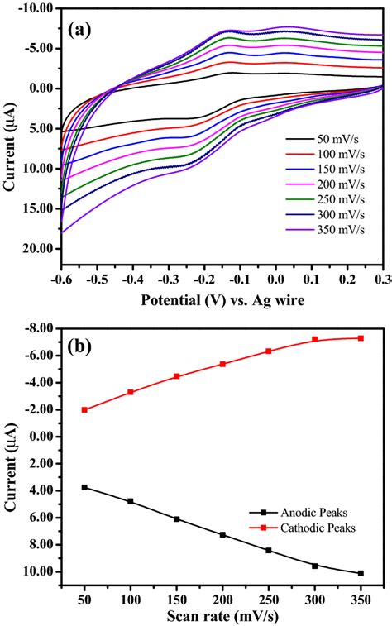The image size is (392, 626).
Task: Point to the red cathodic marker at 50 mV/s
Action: (x=84, y=409)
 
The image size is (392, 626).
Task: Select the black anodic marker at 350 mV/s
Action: (x=361, y=573)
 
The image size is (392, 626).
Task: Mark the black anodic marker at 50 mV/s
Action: (x=84, y=487)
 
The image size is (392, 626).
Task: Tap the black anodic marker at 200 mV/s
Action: (x=222, y=535)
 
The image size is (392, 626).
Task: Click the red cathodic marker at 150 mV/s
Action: (x=176, y=376)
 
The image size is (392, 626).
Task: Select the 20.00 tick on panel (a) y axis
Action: (x=37, y=249)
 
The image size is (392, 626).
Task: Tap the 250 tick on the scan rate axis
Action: (x=268, y=597)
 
